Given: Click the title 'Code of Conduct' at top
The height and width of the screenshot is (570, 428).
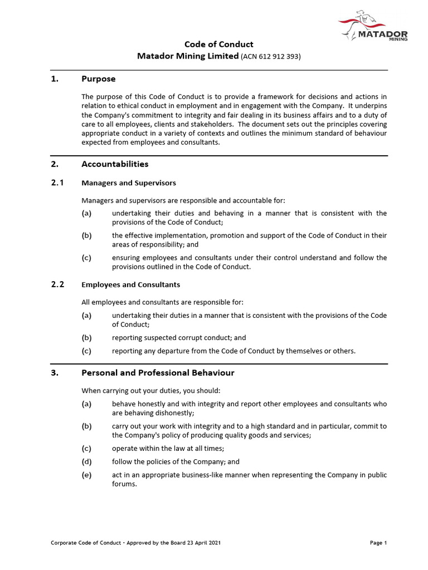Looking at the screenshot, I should click(218, 44).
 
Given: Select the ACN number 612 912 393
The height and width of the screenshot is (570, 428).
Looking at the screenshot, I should click(270, 56).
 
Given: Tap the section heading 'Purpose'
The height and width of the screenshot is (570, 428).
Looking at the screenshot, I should click(99, 79).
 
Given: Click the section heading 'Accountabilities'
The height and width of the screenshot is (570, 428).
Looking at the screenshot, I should click(115, 164).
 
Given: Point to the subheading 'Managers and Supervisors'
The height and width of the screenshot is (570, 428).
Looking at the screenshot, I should click(129, 183).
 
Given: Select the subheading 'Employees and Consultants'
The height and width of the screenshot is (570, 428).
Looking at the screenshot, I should click(130, 284).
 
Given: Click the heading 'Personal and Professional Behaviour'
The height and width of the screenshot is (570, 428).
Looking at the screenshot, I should click(158, 372).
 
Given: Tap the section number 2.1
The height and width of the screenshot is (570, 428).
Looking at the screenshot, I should click(57, 183).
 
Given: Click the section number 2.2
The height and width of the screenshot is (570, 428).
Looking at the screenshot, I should click(57, 284).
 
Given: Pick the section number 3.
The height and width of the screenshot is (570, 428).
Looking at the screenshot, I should click(54, 372).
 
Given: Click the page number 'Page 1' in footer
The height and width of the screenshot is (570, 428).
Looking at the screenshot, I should click(378, 543).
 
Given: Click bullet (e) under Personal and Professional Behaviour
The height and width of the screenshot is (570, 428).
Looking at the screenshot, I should click(86, 475).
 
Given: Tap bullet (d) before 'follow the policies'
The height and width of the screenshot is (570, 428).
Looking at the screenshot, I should click(86, 461).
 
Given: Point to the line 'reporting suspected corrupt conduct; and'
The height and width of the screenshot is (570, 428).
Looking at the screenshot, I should click(178, 337).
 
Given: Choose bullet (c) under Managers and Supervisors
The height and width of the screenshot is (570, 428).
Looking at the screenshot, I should click(86, 258).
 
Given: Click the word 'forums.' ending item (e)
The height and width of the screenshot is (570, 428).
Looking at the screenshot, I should click(124, 484).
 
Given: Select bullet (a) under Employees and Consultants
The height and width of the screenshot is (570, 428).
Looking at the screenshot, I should click(86, 316).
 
